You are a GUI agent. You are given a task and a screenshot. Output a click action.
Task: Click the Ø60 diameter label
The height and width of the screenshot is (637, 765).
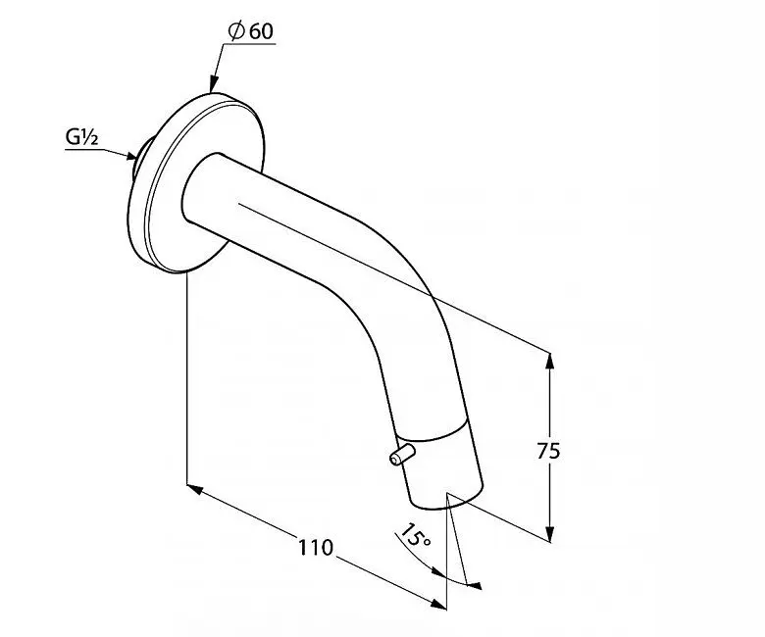(251, 31)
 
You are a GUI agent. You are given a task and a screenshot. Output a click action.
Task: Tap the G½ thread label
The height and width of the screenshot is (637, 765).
(82, 137)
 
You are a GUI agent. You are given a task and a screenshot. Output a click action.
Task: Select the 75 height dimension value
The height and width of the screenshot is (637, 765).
(549, 452)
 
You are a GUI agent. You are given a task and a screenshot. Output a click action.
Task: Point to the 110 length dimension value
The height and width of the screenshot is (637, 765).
(315, 548)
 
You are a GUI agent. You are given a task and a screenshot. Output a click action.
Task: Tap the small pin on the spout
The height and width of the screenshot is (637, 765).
(401, 454)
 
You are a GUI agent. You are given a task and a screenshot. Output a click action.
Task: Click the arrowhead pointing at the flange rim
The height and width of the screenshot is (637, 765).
(214, 83)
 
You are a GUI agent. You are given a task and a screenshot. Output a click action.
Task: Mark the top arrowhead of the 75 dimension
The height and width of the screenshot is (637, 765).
(550, 362)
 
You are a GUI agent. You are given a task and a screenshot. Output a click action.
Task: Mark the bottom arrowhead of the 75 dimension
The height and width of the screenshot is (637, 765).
(550, 531)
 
